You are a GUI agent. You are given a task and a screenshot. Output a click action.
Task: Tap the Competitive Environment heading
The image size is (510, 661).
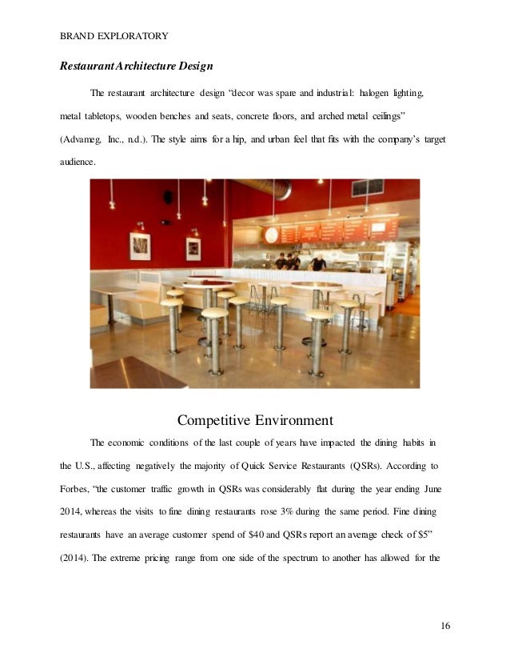pos(255,419)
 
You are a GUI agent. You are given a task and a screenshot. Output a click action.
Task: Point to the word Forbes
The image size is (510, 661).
pos(76,487)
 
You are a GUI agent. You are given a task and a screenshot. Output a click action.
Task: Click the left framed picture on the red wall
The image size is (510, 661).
pos(141,246)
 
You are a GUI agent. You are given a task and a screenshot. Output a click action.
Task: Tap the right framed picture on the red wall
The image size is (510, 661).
pos(193,248)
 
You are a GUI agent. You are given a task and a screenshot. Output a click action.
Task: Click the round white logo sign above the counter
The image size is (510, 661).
pos(271,234)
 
